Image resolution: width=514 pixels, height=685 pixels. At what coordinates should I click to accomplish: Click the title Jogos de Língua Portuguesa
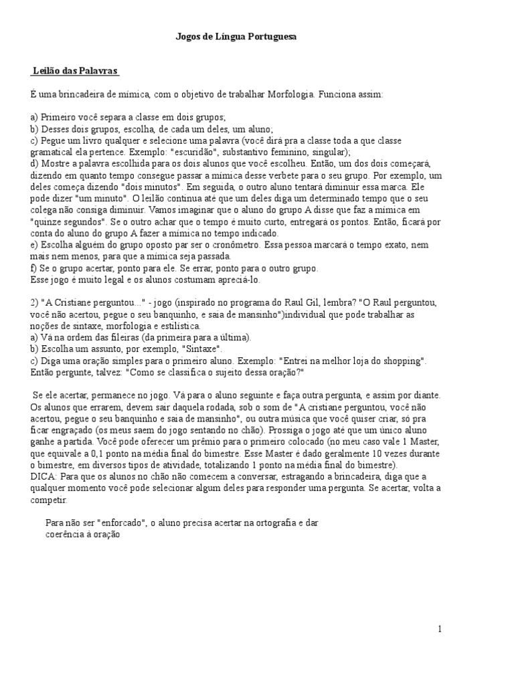click(x=236, y=38)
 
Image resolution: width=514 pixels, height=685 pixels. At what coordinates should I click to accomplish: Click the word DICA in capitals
click(x=44, y=476)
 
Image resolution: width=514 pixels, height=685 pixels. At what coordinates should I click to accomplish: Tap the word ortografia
click(x=277, y=524)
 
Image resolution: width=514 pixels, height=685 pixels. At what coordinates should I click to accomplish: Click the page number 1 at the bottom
click(x=440, y=629)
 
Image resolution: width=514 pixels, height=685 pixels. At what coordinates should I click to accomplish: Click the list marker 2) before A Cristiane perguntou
click(x=34, y=302)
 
